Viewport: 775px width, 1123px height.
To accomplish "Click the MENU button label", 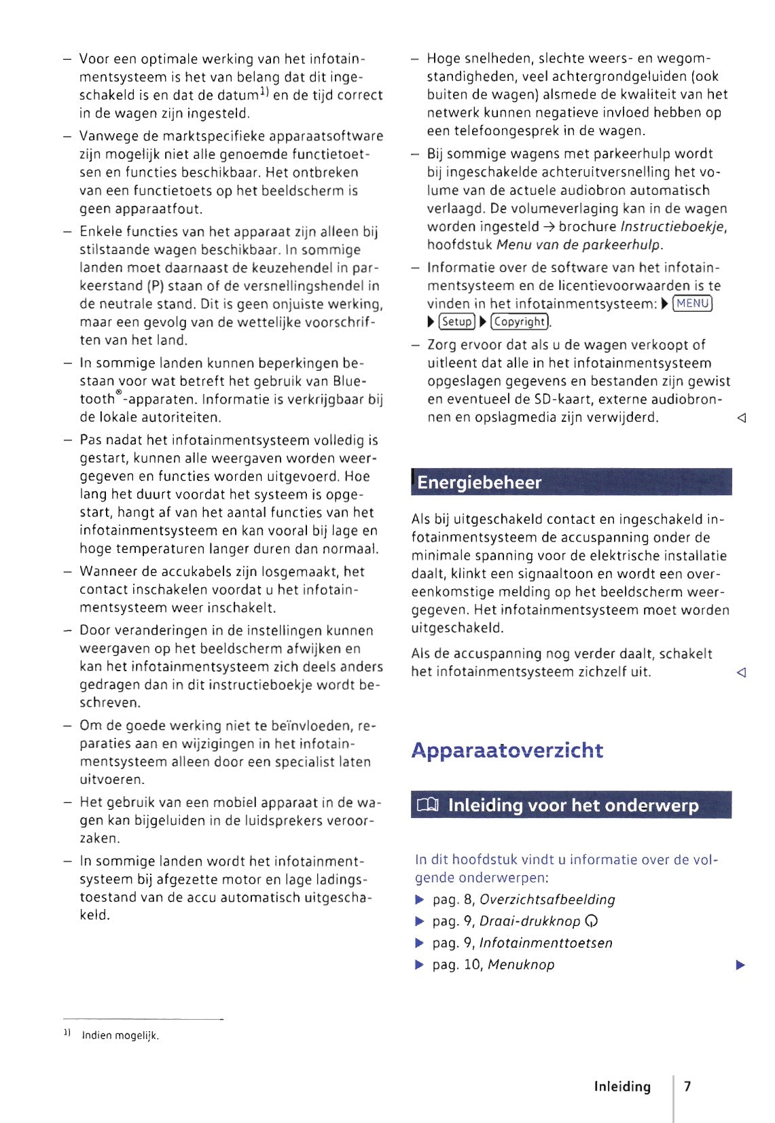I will click(692, 303).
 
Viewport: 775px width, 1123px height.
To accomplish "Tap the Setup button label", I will click(456, 321).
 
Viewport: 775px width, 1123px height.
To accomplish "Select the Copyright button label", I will click(520, 321).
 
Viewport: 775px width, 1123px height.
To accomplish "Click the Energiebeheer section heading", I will click(480, 482).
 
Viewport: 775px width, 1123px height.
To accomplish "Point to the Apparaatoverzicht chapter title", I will click(507, 750).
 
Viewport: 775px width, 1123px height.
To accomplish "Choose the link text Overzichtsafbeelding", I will click(547, 899).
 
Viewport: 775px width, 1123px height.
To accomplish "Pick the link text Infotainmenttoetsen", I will click(545, 943).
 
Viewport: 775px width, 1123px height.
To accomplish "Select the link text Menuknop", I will click(521, 965).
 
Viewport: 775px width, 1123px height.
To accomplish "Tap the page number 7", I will click(687, 1086).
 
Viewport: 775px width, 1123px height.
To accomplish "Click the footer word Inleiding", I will click(622, 1086).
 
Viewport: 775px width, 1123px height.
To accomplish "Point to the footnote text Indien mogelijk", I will click(120, 1035).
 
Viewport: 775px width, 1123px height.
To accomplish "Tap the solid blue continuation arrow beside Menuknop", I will click(740, 965).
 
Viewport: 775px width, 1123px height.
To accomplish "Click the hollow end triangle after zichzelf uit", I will click(741, 673).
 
